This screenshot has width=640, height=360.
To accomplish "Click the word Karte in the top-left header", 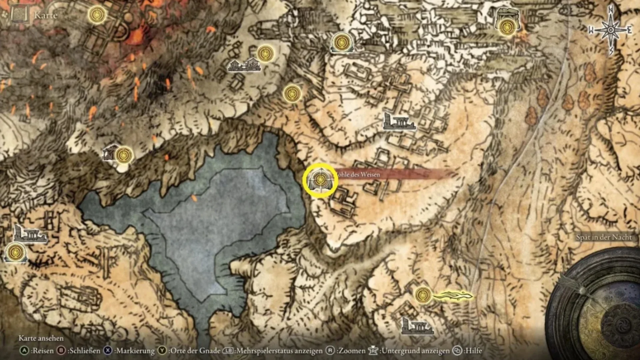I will [x=46, y=15].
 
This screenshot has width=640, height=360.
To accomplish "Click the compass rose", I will [x=611, y=30].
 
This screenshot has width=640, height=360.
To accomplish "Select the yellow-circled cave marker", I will [x=320, y=180].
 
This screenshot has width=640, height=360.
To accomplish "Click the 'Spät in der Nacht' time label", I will [x=604, y=237].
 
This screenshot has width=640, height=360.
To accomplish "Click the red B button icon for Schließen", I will [x=61, y=351].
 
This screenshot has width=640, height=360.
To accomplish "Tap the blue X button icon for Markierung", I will [x=108, y=351].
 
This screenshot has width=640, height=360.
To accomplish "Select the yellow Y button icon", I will [x=162, y=351].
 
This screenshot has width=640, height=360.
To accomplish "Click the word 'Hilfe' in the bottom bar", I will [x=473, y=351].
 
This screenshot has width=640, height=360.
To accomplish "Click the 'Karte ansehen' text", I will [x=41, y=338].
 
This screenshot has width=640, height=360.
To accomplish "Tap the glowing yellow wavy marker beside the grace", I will [x=453, y=295].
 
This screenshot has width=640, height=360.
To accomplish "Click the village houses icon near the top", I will [x=244, y=65].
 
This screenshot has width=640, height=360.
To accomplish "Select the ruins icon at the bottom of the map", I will [x=417, y=326].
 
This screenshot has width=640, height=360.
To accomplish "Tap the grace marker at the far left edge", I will [x=15, y=253].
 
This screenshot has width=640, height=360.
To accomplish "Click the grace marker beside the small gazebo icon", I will [x=124, y=155].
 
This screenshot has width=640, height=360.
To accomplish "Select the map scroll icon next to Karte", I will [x=20, y=15].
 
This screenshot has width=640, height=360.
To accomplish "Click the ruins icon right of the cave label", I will [x=399, y=122].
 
